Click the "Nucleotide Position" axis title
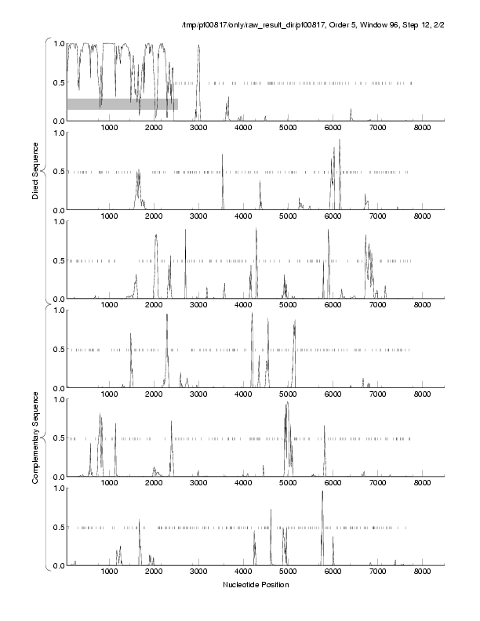point(256,585)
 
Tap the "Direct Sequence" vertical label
point(36,168)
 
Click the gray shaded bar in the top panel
point(122,103)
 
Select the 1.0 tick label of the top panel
point(56,43)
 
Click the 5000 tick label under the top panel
point(289,128)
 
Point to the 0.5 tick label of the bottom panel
point(56,527)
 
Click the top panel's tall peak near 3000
point(199,47)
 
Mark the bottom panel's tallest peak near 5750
point(322,492)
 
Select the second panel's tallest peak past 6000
point(340,141)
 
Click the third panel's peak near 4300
point(256,231)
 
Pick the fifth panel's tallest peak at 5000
point(287,404)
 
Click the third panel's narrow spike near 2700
point(186,231)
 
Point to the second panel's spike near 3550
point(223,156)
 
